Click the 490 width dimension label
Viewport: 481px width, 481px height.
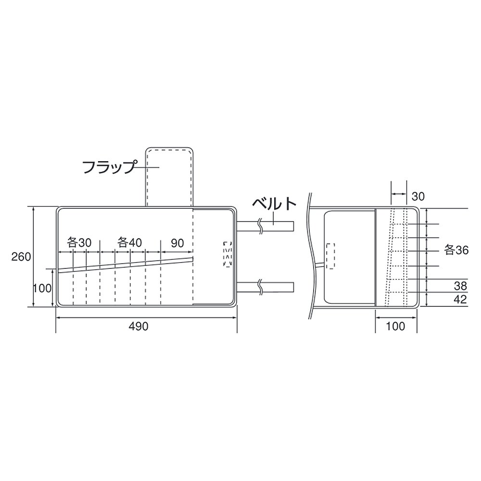pyautogui.click(x=139, y=326)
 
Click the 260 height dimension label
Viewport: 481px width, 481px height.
pyautogui.click(x=21, y=256)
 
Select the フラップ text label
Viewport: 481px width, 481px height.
pyautogui.click(x=109, y=167)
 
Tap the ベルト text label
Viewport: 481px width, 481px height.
pyautogui.click(x=274, y=203)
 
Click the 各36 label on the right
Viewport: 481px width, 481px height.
pyautogui.click(x=456, y=250)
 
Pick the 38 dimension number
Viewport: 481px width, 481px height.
pyautogui.click(x=460, y=286)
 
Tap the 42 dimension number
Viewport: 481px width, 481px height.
pyautogui.click(x=460, y=299)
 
